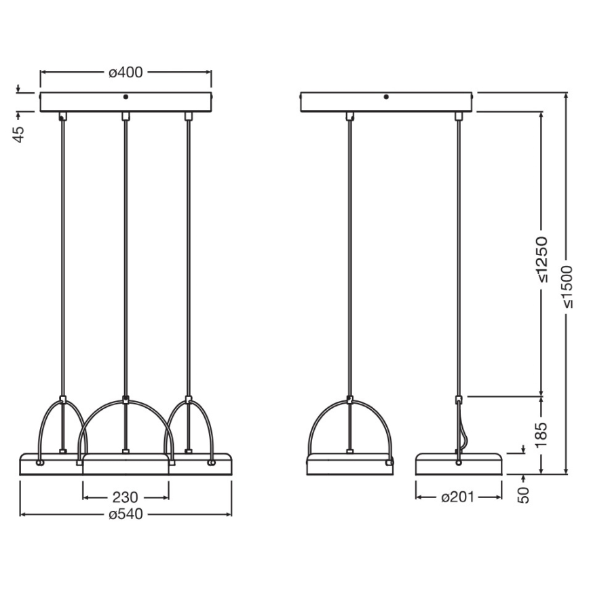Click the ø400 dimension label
click(x=126, y=73)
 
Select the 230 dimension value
click(x=126, y=497)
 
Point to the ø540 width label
click(x=126, y=514)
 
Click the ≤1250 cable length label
click(x=543, y=259)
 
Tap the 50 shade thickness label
click(x=523, y=494)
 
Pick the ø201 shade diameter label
click(x=458, y=497)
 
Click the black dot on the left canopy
click(x=126, y=97)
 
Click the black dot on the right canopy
click(x=385, y=97)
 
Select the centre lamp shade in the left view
click(x=126, y=465)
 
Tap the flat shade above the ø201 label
click(x=458, y=464)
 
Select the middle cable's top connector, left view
click(x=125, y=117)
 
